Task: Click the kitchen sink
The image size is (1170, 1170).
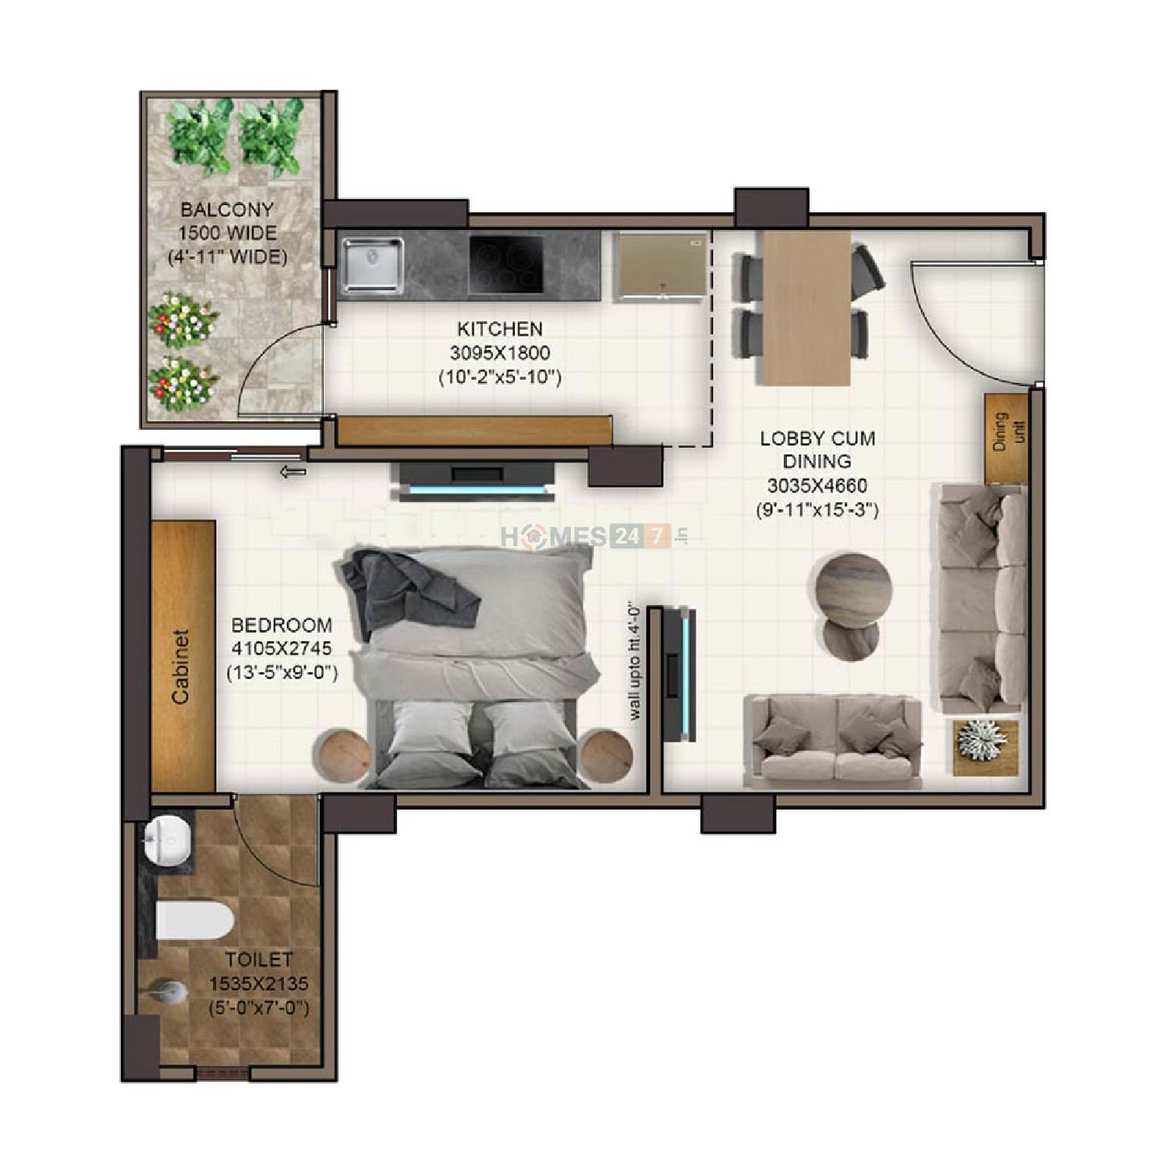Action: tap(372, 266)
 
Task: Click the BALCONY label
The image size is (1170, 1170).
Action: tap(227, 210)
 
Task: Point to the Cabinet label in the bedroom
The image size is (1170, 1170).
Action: tap(181, 667)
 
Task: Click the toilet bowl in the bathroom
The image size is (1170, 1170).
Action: tap(194, 920)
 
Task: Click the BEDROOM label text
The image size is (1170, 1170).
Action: tap(282, 625)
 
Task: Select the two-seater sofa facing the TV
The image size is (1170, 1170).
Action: tap(832, 741)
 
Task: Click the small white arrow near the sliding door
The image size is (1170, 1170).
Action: tap(293, 471)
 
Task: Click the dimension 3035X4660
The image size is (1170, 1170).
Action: tap(817, 486)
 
